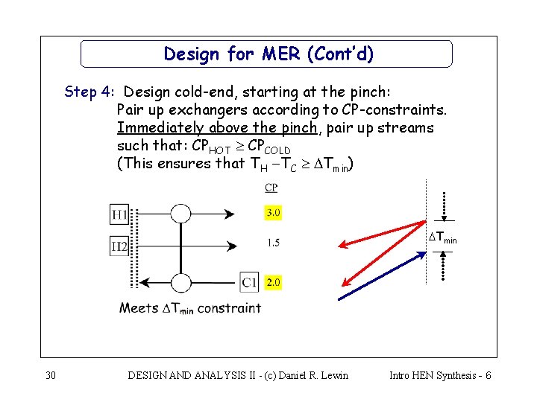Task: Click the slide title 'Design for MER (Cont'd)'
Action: coord(268,54)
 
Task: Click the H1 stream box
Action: coord(119,215)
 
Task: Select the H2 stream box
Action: coord(119,246)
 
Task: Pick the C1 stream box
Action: coord(249,282)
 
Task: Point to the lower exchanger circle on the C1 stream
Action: coord(180,283)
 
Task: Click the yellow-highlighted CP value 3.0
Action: coord(273,213)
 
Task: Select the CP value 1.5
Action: coord(273,243)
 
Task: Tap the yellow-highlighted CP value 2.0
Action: coord(273,282)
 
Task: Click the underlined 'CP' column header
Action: coord(271,188)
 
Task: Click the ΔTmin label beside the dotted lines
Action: coord(442,238)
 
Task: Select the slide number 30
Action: coord(51,375)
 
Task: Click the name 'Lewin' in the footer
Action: coord(333,375)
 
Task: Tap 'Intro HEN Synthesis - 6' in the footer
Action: coord(440,375)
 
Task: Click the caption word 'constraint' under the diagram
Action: coord(229,308)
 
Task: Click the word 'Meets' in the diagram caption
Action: coord(139,308)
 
